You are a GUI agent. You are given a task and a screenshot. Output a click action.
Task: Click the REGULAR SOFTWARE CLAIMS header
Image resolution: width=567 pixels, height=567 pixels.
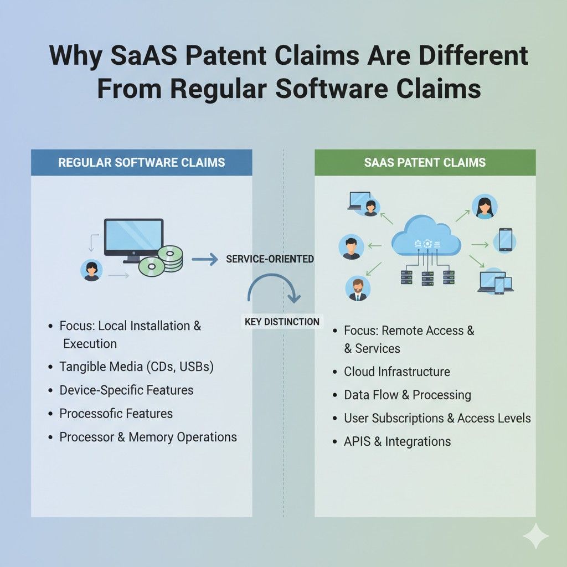[x=142, y=162]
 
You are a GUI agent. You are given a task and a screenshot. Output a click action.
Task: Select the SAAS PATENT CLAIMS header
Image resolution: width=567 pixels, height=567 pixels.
[x=425, y=162]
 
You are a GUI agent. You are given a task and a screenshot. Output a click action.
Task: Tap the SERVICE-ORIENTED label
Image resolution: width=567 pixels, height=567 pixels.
[x=270, y=259]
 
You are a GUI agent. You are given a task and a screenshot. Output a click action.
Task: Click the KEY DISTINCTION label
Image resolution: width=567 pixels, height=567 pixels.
[x=282, y=321]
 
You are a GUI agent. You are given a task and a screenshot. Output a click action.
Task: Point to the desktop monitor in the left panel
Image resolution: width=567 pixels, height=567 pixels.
[x=133, y=239]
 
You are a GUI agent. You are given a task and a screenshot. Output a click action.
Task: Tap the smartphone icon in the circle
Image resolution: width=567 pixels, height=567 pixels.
[x=504, y=240]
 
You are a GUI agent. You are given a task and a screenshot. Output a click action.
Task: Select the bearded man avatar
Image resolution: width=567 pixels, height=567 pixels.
[x=358, y=288]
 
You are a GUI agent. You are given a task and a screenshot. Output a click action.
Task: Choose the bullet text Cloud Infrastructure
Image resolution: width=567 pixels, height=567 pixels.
[x=396, y=372]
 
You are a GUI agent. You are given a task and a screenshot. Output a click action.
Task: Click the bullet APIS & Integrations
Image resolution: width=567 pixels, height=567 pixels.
[x=397, y=441]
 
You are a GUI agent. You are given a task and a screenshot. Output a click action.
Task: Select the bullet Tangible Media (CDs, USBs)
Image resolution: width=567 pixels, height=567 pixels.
[x=136, y=366]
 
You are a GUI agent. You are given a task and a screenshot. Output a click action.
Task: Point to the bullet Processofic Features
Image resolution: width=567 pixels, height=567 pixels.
[x=116, y=413]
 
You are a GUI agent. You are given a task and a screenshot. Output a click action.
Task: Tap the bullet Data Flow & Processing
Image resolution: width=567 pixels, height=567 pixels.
[x=407, y=395]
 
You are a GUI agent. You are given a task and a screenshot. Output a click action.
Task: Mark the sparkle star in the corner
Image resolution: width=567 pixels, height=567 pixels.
[x=535, y=536]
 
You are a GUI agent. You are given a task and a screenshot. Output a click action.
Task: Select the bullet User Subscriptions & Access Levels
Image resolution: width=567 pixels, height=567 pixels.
[x=437, y=418]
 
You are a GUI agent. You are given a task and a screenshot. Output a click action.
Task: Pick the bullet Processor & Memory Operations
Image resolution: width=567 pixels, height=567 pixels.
[x=148, y=437]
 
